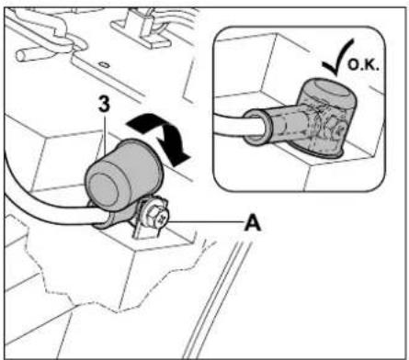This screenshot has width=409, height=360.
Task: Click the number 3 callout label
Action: point(104,105)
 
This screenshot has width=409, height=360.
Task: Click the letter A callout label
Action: point(253,223)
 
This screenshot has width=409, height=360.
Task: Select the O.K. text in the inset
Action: point(364,65)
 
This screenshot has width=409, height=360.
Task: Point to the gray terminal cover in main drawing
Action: point(124,177)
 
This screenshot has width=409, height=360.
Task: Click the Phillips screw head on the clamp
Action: point(163,219)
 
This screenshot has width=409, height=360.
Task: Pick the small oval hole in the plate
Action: point(104,64)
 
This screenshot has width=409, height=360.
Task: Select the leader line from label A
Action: point(206,221)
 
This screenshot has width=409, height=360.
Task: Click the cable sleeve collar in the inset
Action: point(257,126)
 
